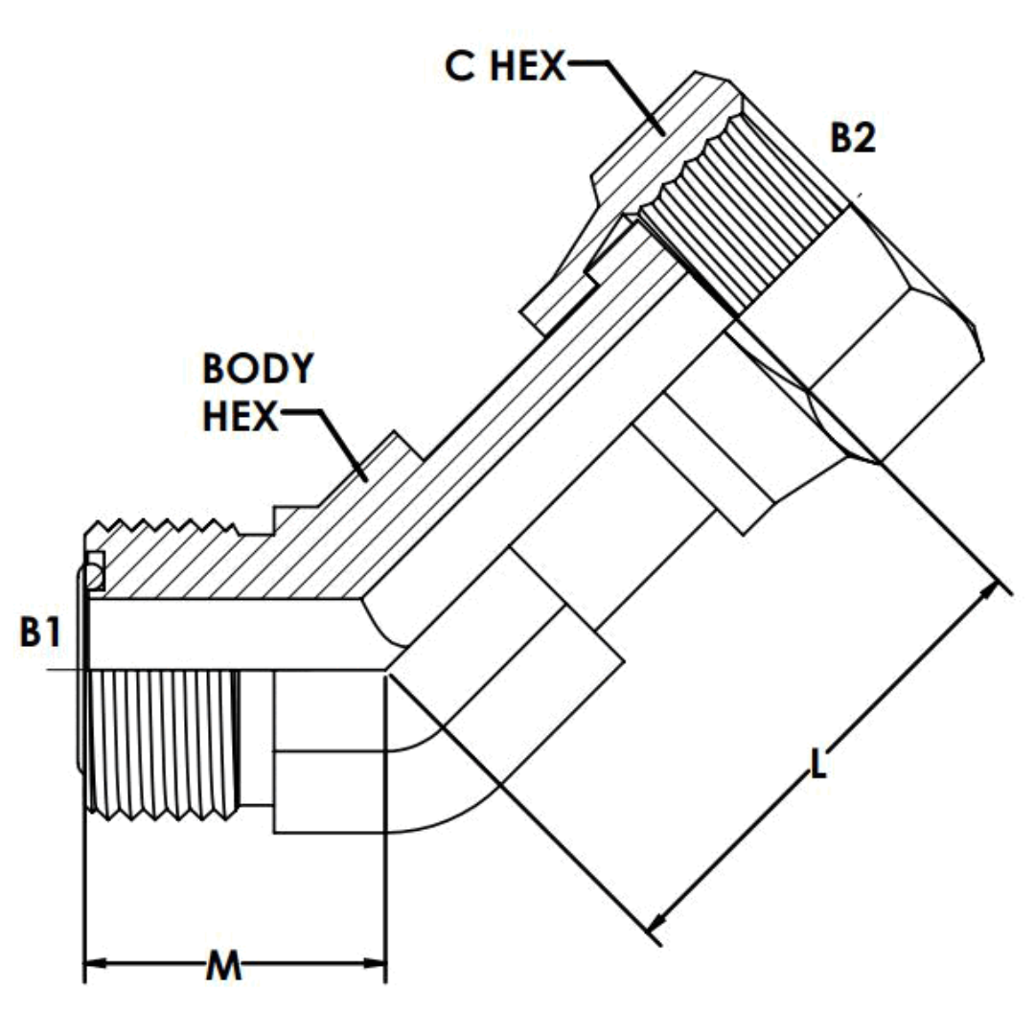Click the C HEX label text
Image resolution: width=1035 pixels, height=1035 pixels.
(505, 67)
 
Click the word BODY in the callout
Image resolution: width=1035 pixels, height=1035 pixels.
(258, 369)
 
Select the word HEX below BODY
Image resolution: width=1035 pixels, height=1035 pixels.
(240, 418)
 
